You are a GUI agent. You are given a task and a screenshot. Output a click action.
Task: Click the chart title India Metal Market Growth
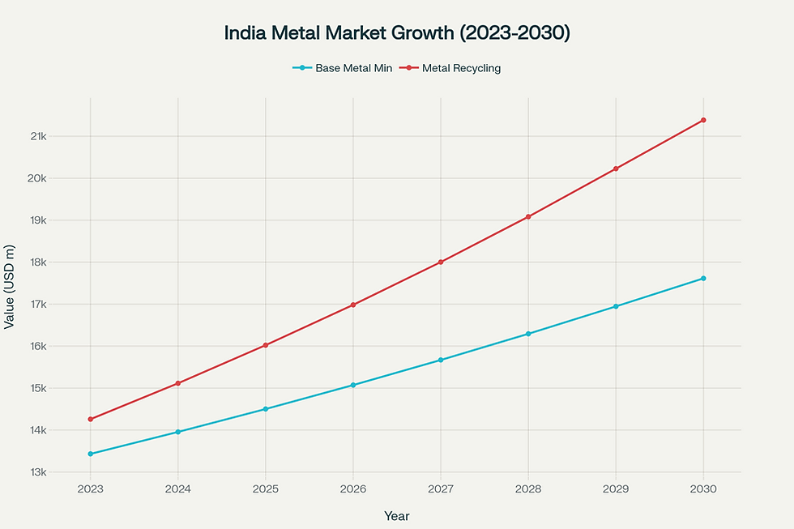(x=397, y=33)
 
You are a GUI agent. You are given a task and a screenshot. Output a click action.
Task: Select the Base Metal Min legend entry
(x=354, y=69)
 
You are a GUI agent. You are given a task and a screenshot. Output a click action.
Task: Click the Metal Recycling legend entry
(x=461, y=69)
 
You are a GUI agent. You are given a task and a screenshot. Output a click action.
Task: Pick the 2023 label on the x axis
(x=90, y=489)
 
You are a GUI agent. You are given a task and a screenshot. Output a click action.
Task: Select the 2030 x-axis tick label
(x=703, y=489)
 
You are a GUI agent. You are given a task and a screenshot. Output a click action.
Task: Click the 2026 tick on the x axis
(x=353, y=489)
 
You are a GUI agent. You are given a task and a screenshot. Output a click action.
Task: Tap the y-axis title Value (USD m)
(x=10, y=286)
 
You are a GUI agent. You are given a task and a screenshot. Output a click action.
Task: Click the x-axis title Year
(x=397, y=516)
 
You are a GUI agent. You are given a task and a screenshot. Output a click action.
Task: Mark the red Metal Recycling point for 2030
(x=703, y=120)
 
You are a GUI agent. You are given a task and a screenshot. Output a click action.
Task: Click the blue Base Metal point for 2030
(x=703, y=279)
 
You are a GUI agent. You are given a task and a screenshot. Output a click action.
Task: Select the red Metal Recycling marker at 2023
(x=90, y=420)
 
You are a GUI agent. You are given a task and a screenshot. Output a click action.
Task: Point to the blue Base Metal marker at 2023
(x=90, y=454)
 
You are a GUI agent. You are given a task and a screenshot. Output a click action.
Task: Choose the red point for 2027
(x=441, y=262)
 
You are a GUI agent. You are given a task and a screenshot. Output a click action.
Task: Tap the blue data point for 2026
(x=353, y=385)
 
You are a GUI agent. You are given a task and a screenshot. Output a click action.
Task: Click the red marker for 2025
(x=266, y=345)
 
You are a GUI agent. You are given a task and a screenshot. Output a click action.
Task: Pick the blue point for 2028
(x=528, y=334)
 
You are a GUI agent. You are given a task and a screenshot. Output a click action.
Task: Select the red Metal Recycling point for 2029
(x=616, y=169)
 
